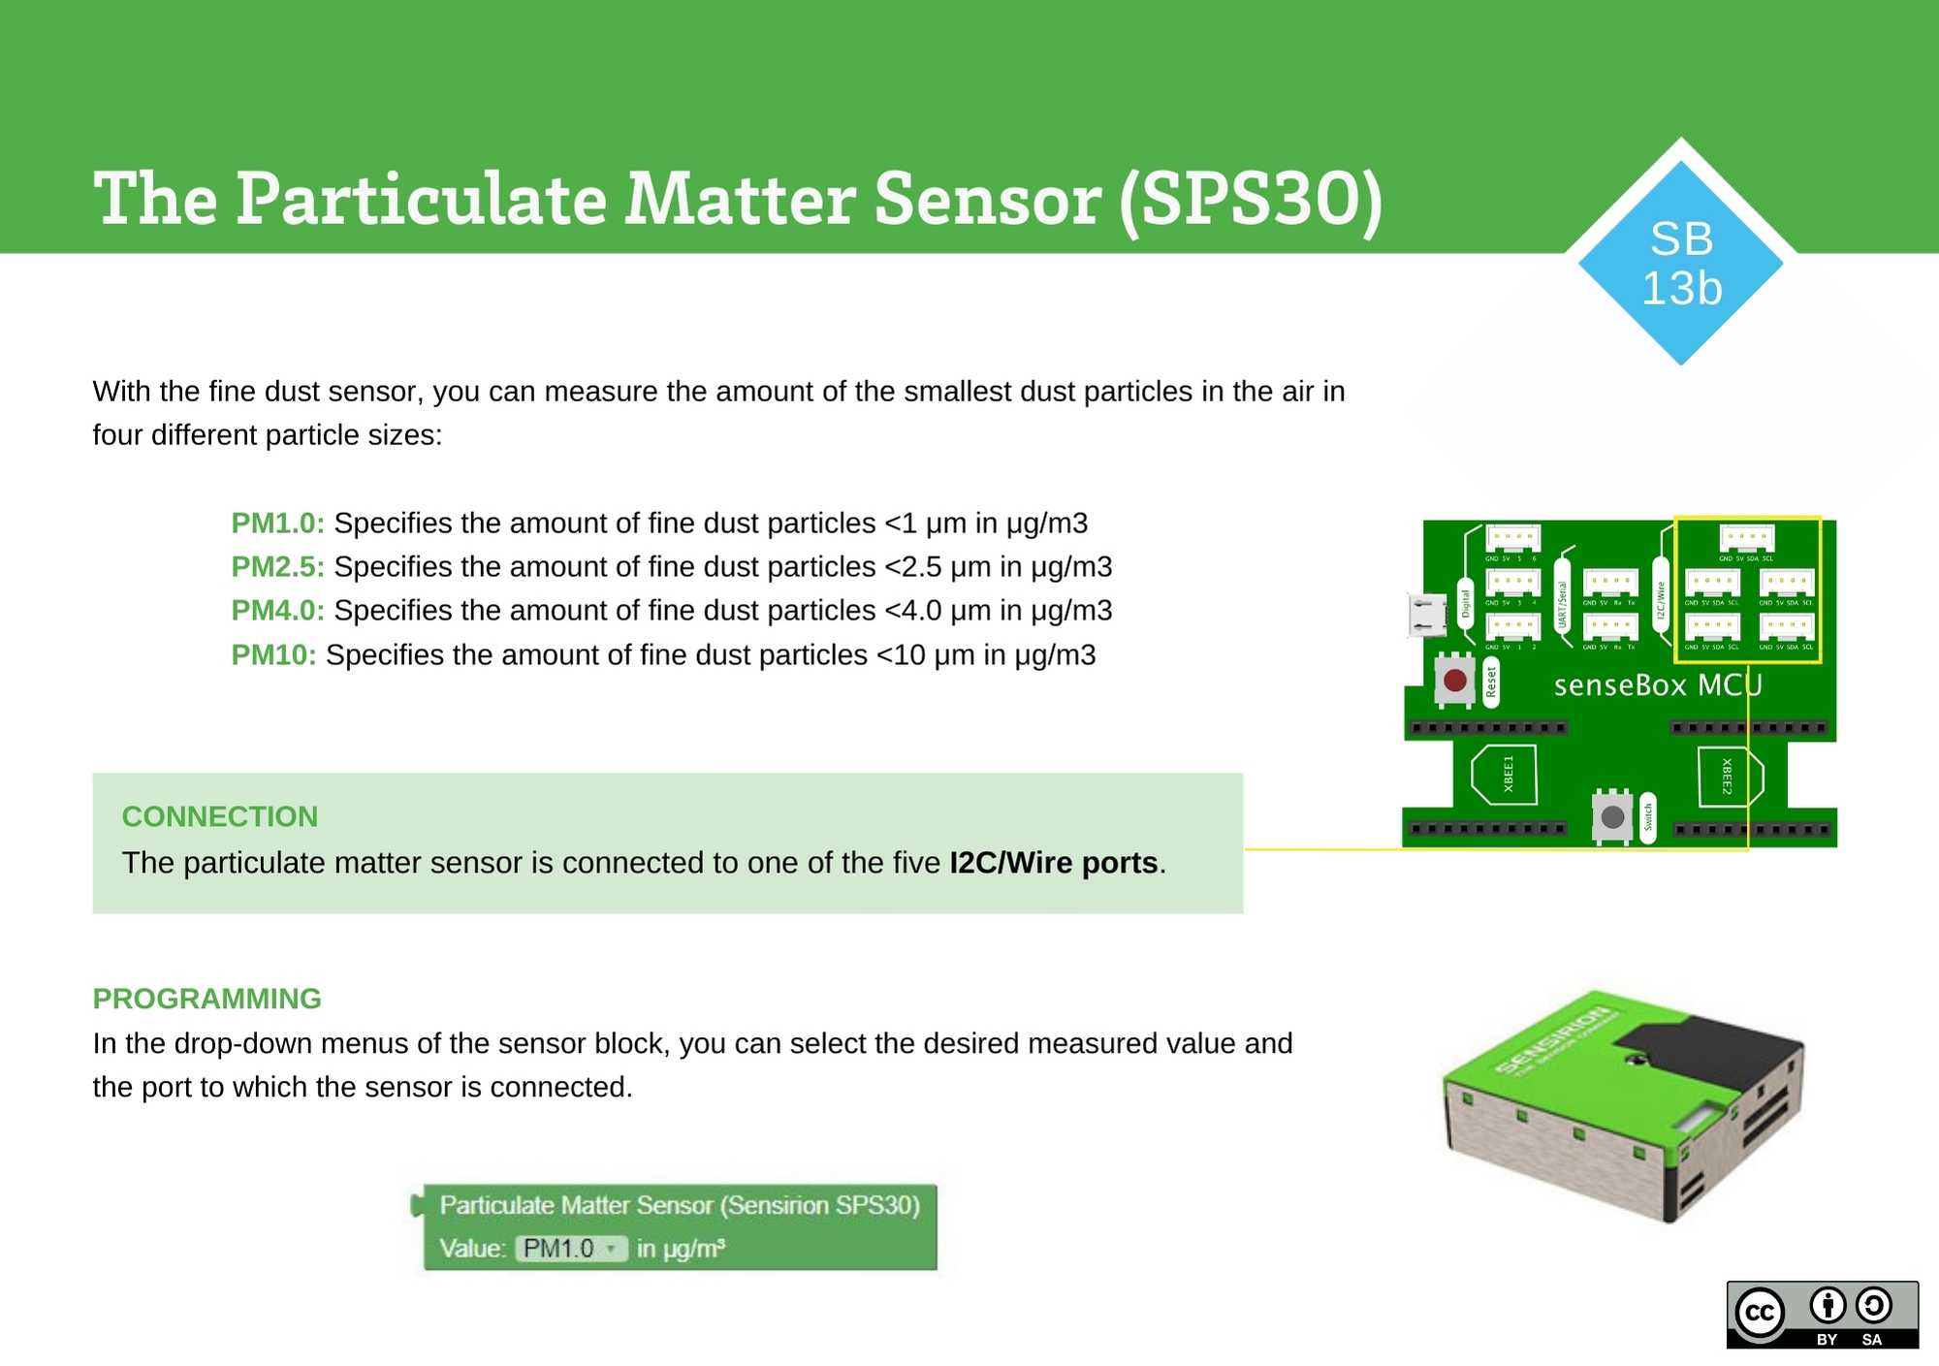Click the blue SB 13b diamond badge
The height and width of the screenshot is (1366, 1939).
pos(1681,263)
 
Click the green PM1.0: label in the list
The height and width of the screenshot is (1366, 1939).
pos(277,524)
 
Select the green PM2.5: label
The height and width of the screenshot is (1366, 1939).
pos(277,567)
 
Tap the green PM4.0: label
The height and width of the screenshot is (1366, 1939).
pos(277,611)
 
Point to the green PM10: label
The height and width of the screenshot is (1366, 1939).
pos(273,655)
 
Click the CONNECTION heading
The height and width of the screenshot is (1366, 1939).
pos(220,816)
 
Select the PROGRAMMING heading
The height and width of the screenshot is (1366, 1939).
pos(207,999)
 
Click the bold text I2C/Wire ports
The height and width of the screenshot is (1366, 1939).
pos(1054,863)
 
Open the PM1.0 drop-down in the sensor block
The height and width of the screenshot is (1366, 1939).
pos(571,1249)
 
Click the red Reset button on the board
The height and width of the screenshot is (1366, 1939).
pos(1454,681)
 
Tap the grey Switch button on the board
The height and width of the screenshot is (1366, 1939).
pos(1612,817)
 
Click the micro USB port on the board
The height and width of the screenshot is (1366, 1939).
pos(1425,616)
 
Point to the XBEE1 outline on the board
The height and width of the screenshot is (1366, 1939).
pos(1504,775)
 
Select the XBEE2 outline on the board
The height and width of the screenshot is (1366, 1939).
pos(1730,777)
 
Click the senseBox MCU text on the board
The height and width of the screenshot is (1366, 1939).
pos(1658,685)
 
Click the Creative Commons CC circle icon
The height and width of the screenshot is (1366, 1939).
pos(1760,1313)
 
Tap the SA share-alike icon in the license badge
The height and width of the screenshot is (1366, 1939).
pos(1873,1307)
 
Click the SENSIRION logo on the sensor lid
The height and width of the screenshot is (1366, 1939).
pos(1556,1041)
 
